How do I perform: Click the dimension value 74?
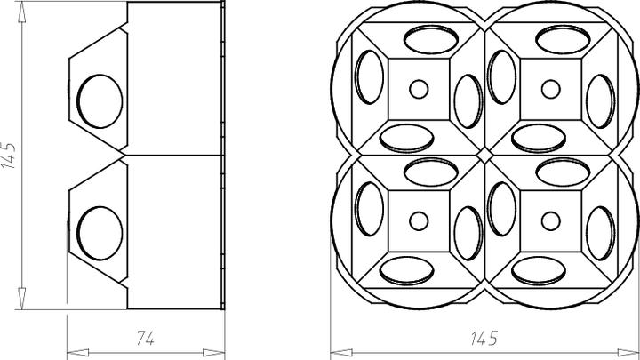(x=146, y=338)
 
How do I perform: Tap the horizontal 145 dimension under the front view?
(x=483, y=339)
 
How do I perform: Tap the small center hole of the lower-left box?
(x=417, y=221)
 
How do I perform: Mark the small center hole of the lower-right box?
(x=550, y=221)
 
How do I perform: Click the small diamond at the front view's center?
(x=484, y=156)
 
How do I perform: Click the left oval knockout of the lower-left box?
(x=365, y=213)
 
